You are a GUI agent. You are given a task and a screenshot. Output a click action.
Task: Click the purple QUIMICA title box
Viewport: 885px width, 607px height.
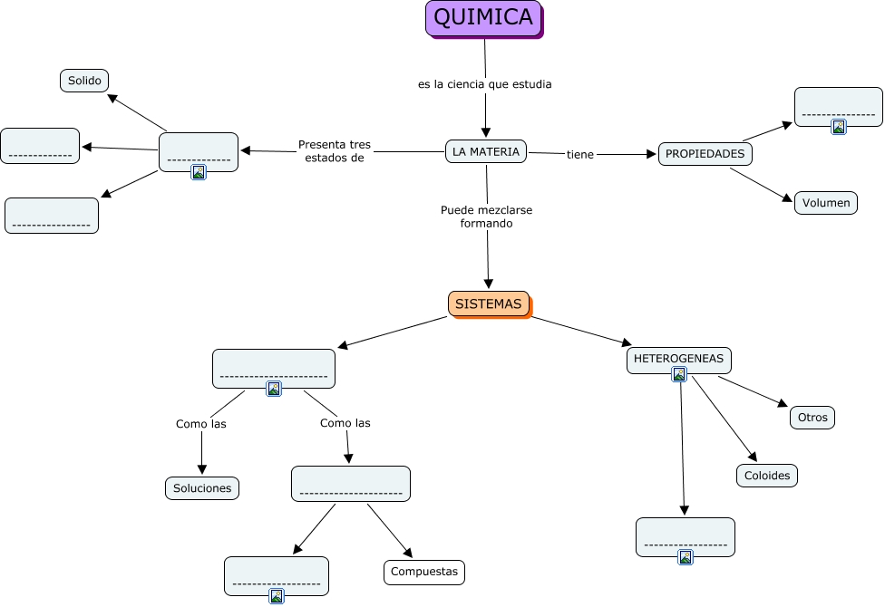[483, 18]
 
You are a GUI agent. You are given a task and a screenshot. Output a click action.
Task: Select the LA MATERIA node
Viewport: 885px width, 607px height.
[486, 151]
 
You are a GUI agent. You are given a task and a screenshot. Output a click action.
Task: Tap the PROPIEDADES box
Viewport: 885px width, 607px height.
[705, 154]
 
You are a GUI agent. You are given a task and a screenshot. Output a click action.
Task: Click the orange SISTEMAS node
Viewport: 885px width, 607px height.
[488, 304]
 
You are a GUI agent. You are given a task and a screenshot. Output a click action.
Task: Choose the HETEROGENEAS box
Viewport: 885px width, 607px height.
[678, 359]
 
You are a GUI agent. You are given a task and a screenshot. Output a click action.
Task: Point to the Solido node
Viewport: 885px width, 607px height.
[84, 81]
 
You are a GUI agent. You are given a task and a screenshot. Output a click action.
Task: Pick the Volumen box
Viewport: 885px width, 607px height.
[825, 203]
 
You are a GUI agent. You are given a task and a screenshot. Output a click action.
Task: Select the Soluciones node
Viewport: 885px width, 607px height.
[202, 488]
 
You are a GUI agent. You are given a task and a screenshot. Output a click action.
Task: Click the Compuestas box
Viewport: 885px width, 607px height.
[424, 573]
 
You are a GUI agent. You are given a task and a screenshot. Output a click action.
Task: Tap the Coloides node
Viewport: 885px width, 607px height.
[767, 476]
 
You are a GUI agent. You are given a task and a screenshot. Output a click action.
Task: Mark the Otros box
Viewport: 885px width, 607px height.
[812, 418]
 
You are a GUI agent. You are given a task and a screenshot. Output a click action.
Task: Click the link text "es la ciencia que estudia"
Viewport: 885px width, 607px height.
[484, 84]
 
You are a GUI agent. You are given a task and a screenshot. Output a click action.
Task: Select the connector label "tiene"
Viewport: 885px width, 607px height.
[580, 155]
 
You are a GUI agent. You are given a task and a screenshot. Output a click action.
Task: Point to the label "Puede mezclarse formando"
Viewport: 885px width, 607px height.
[486, 217]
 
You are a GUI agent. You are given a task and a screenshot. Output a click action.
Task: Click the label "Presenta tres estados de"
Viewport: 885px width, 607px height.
[334, 150]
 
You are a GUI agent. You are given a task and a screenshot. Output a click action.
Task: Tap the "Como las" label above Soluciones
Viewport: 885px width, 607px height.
[201, 423]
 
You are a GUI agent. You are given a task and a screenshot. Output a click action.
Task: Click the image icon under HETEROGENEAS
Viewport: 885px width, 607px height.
[679, 374]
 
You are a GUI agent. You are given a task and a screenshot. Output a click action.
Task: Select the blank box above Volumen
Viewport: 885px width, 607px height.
[838, 106]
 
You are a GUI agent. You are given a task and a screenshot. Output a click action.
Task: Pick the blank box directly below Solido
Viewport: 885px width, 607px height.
[40, 146]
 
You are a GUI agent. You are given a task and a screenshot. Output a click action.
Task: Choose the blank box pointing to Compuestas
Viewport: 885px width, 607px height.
[350, 484]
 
